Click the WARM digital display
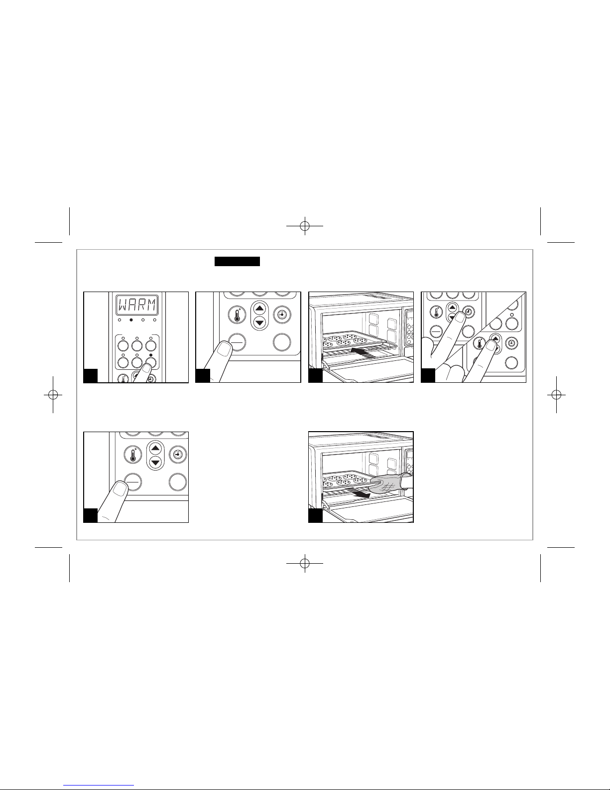point(136,305)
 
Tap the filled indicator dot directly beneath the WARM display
point(131,320)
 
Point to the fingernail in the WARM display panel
point(146,368)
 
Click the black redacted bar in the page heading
point(237,261)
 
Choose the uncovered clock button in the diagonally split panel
point(511,343)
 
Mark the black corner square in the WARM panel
point(91,375)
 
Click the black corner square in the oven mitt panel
point(315,515)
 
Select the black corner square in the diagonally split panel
point(428,375)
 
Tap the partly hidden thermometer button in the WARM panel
point(123,378)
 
